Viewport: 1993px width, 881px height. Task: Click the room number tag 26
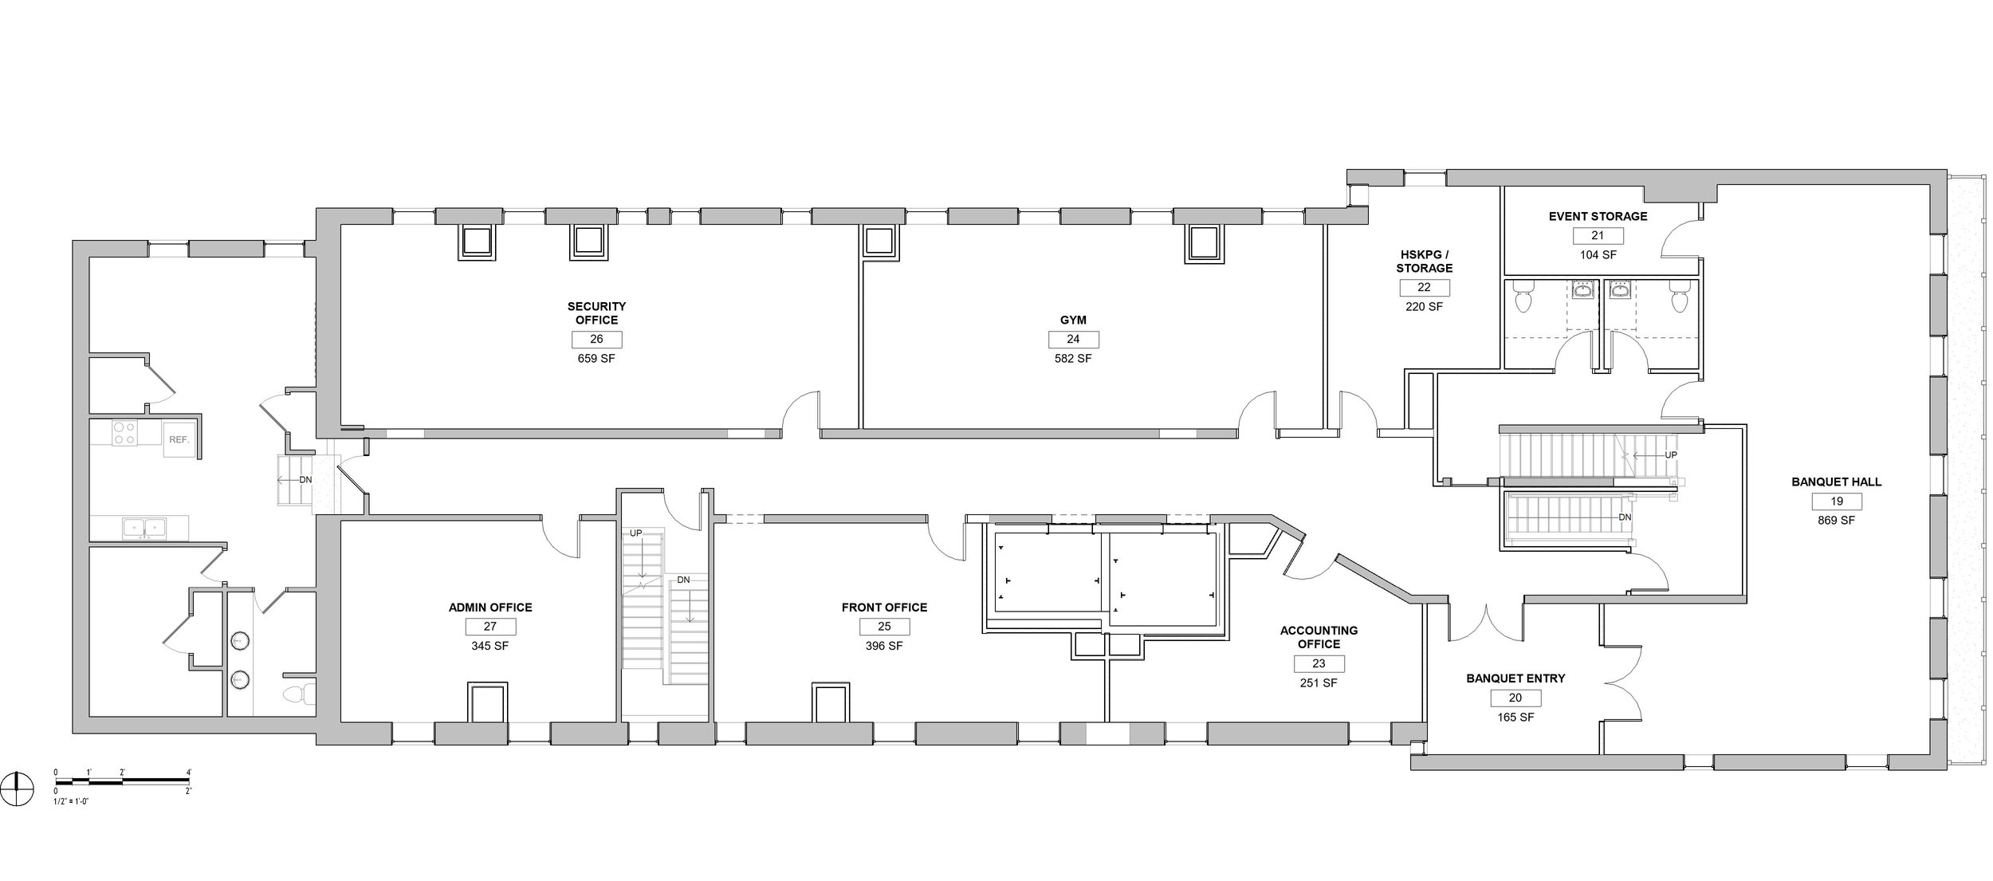(x=596, y=339)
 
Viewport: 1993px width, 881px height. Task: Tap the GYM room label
(x=1073, y=320)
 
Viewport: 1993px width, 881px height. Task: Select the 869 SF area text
(x=1836, y=520)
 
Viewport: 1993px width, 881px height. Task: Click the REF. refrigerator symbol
(x=178, y=439)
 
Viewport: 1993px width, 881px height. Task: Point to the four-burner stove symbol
(x=124, y=433)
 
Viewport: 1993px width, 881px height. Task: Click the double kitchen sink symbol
(x=144, y=527)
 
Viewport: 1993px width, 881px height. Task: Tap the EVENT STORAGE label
(x=1598, y=216)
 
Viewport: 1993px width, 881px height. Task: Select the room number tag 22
(x=1424, y=287)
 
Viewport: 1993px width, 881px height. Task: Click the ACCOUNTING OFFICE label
(x=1319, y=637)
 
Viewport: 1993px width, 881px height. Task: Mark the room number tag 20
(x=1515, y=698)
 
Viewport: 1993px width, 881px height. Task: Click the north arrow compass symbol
(x=18, y=789)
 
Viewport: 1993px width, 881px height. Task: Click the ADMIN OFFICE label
(x=490, y=608)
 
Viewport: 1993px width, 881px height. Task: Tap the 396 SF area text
(x=884, y=646)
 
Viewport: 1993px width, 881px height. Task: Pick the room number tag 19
(x=1836, y=501)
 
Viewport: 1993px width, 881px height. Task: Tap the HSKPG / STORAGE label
(x=1424, y=262)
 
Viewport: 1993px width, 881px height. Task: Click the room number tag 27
(x=490, y=627)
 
